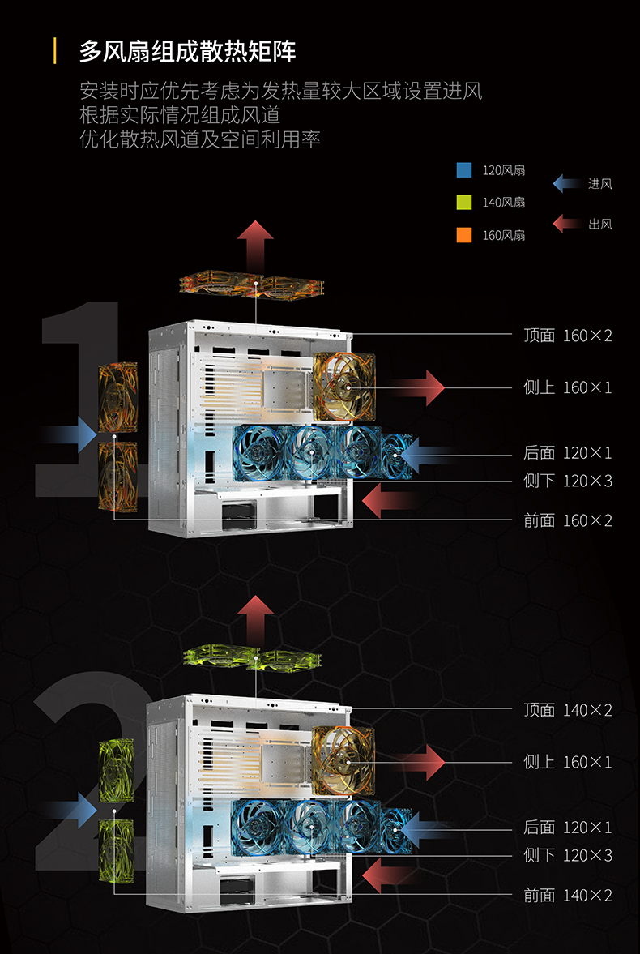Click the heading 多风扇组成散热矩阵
[187, 53]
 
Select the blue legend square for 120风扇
[464, 170]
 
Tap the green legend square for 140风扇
[464, 203]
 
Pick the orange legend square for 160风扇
[464, 235]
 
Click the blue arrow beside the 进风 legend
[567, 183]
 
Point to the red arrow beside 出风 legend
[567, 223]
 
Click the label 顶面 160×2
[568, 336]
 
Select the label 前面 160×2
[568, 520]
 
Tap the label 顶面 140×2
[568, 709]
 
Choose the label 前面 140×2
[568, 895]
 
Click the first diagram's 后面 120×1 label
[568, 452]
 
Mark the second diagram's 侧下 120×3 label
[568, 855]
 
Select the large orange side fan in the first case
[344, 387]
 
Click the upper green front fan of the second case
[116, 770]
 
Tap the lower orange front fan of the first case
[117, 476]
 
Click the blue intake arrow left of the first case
[70, 435]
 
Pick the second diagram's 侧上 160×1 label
[568, 762]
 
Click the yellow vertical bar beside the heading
[55, 51]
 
